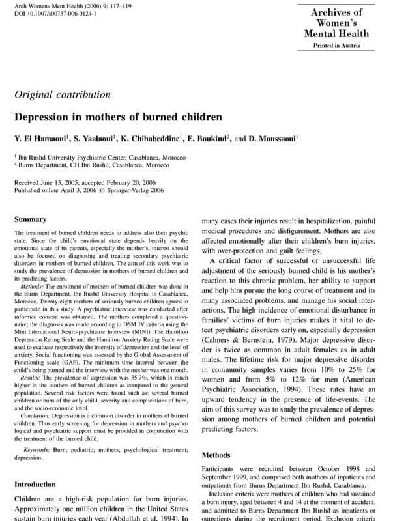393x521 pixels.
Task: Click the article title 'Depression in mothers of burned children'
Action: click(118, 119)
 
